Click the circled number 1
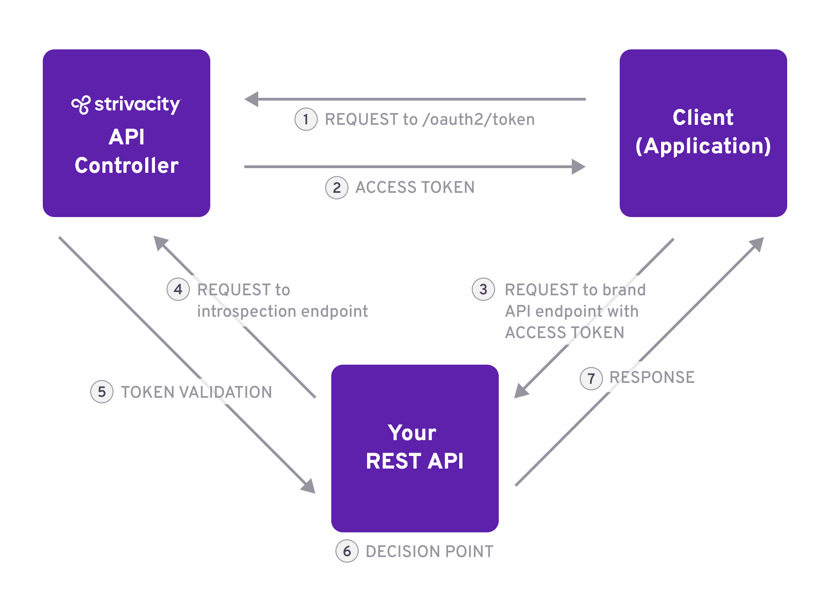pos(306,120)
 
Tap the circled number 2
pos(336,188)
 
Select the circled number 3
pos(483,289)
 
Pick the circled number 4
pos(178,289)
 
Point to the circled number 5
pos(101,392)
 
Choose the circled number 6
pos(347,551)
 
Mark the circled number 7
pos(591,378)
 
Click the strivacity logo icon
pos(80,105)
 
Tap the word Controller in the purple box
pos(127,166)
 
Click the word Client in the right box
pos(703,117)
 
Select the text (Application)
pos(703,146)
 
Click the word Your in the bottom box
pos(412,433)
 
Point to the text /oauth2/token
pos(478,120)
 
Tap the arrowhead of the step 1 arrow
pos(252,99)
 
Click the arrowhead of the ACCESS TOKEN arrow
pos(578,167)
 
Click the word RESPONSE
pos(652,377)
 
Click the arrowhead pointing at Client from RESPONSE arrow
pos(757,244)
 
